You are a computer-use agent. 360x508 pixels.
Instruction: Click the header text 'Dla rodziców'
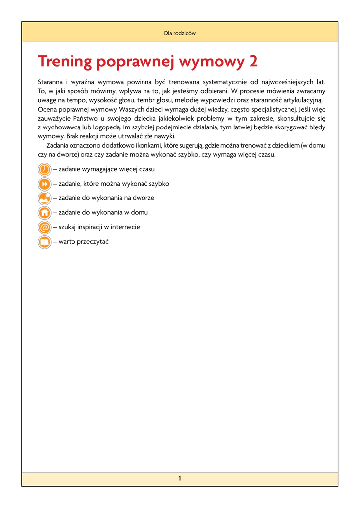180,33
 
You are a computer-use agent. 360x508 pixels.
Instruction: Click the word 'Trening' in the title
65,62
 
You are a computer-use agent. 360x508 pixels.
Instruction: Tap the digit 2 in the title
253,62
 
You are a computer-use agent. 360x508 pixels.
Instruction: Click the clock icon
44,170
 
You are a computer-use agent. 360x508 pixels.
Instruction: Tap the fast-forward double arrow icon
44,184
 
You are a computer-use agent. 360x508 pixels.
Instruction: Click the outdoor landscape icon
44,198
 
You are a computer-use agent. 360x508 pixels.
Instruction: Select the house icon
44,213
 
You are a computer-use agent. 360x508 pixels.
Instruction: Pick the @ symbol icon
44,227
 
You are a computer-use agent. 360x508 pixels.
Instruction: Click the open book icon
44,242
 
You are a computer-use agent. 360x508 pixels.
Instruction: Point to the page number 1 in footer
180,478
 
